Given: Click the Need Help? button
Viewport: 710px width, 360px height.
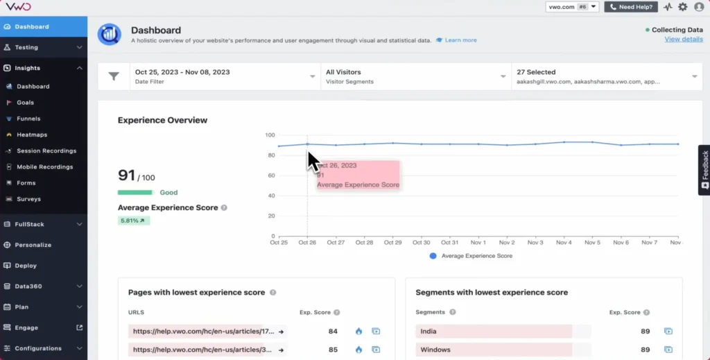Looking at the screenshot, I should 631,7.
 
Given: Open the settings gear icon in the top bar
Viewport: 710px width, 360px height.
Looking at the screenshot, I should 683,7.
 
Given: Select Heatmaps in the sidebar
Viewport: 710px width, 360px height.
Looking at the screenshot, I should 32,135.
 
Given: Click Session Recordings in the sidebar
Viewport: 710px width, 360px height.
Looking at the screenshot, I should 46,151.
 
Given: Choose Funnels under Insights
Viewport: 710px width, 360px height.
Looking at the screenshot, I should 28,119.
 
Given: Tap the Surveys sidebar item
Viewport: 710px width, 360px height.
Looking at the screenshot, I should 28,199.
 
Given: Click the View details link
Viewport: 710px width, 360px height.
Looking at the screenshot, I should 683,40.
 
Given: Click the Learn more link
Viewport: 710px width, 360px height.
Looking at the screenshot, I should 460,40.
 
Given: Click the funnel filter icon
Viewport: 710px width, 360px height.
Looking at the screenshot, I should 114,76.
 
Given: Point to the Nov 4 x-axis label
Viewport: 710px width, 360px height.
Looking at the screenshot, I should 564,243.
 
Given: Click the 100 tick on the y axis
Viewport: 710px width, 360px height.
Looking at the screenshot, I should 270,135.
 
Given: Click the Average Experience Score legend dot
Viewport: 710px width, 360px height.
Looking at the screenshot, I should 433,256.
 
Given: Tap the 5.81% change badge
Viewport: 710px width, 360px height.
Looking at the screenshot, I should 133,221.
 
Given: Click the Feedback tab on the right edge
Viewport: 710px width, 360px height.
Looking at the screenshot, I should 704,169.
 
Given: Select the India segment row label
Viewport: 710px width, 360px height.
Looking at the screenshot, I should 428,332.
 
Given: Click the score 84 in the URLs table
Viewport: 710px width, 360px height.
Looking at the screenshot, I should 333,332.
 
